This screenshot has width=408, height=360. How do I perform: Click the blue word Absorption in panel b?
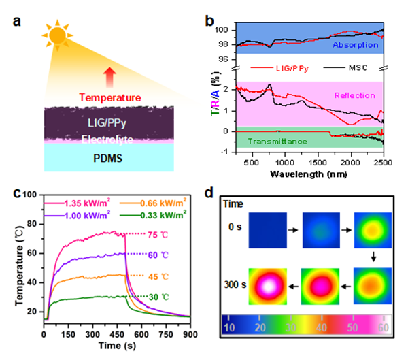pyautogui.click(x=352, y=46)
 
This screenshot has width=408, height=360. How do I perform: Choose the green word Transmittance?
pyautogui.click(x=280, y=141)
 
